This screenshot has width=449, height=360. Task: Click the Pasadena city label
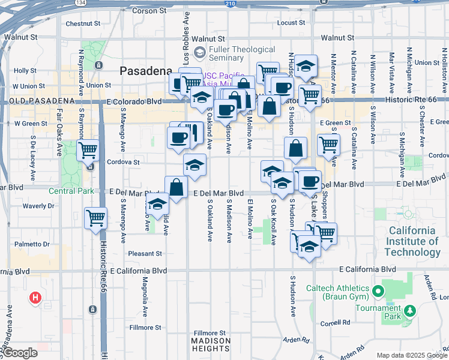click(x=146, y=71)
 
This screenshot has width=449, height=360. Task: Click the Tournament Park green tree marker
click(x=410, y=311)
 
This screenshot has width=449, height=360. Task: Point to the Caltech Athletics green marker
click(x=378, y=292)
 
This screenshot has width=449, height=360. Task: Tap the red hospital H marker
click(x=35, y=297)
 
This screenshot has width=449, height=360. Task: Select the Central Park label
click(x=71, y=191)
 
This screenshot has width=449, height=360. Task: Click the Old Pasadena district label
click(x=39, y=100)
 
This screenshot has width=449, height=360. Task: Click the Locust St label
click(x=291, y=23)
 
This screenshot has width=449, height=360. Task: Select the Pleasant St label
click(x=145, y=254)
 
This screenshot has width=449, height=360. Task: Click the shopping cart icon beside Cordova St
click(x=88, y=150)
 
